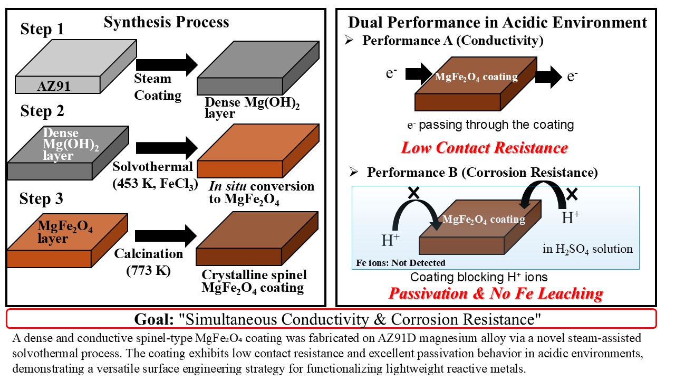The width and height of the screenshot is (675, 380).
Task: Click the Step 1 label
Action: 42,29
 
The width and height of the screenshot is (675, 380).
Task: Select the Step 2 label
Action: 42,111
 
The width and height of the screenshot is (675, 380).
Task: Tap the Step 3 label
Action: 41,199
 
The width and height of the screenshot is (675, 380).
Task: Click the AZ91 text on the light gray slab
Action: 54,86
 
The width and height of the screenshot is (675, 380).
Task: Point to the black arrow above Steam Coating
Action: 167,65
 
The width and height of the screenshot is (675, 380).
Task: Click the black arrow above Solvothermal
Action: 167,148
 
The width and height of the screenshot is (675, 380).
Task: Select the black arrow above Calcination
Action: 166,235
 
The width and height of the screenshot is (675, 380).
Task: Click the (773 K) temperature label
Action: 148,270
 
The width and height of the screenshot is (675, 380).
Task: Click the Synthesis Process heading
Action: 166,22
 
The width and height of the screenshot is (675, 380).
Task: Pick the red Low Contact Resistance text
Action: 485,148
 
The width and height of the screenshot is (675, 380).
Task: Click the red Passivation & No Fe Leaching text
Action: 496,293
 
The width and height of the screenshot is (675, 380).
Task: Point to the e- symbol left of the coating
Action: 391,73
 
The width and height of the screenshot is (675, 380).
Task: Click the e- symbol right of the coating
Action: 572,77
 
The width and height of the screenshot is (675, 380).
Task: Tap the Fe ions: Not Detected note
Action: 400,263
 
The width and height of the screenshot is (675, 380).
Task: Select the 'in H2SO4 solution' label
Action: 587,249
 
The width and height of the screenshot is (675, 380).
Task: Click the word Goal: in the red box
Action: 154,319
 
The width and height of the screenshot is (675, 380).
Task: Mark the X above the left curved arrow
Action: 414,193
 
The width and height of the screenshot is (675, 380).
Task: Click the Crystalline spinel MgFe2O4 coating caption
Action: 254,281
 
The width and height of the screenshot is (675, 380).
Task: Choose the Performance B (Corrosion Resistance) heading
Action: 482,173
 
